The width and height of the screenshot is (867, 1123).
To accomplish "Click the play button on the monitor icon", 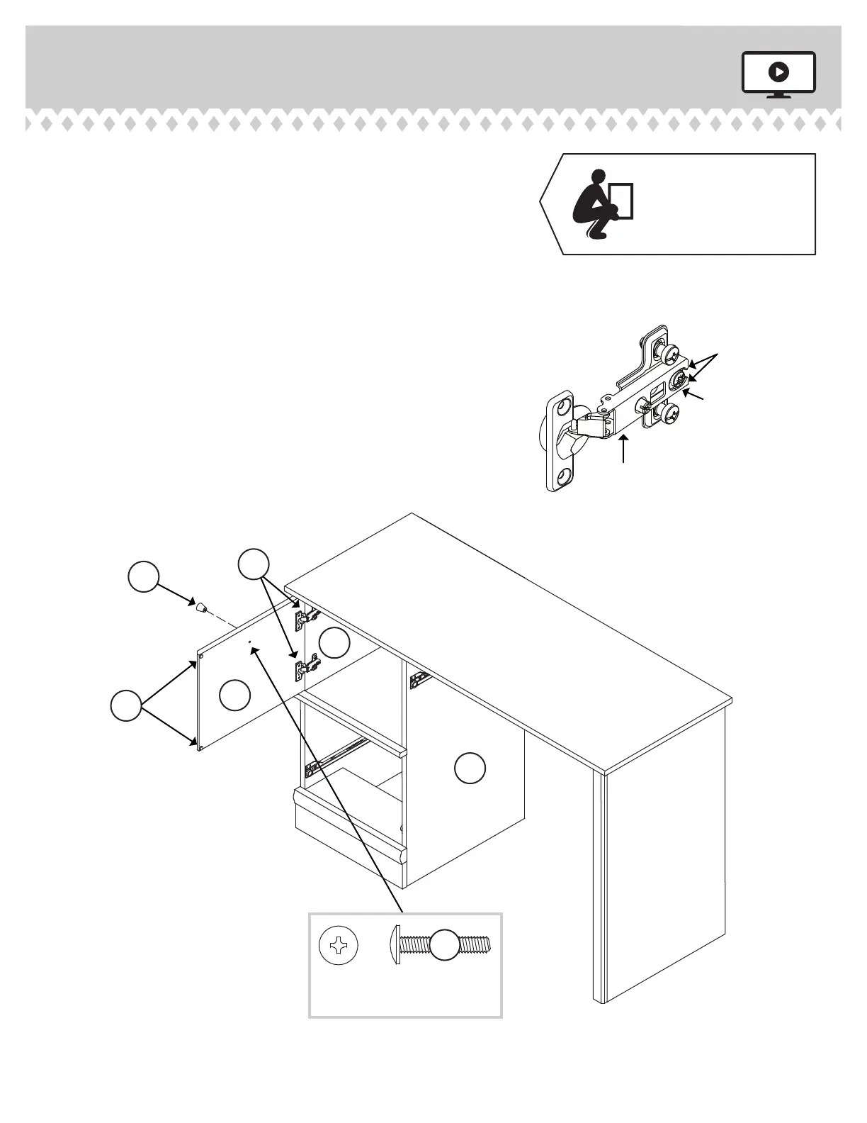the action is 778,72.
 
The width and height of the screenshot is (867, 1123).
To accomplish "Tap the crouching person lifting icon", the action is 602,204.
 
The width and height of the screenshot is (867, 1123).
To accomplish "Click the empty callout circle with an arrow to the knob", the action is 143,576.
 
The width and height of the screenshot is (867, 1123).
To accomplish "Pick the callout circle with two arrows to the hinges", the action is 254,564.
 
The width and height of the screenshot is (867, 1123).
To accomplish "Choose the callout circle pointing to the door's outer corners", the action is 126,706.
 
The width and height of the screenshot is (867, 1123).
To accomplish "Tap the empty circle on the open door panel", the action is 234,695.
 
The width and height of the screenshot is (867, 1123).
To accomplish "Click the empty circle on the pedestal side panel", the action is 469,769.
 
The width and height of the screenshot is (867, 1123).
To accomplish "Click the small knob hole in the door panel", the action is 249,642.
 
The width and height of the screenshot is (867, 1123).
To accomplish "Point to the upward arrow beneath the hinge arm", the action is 623,449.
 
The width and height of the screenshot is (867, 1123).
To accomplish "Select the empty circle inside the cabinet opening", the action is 334,643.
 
